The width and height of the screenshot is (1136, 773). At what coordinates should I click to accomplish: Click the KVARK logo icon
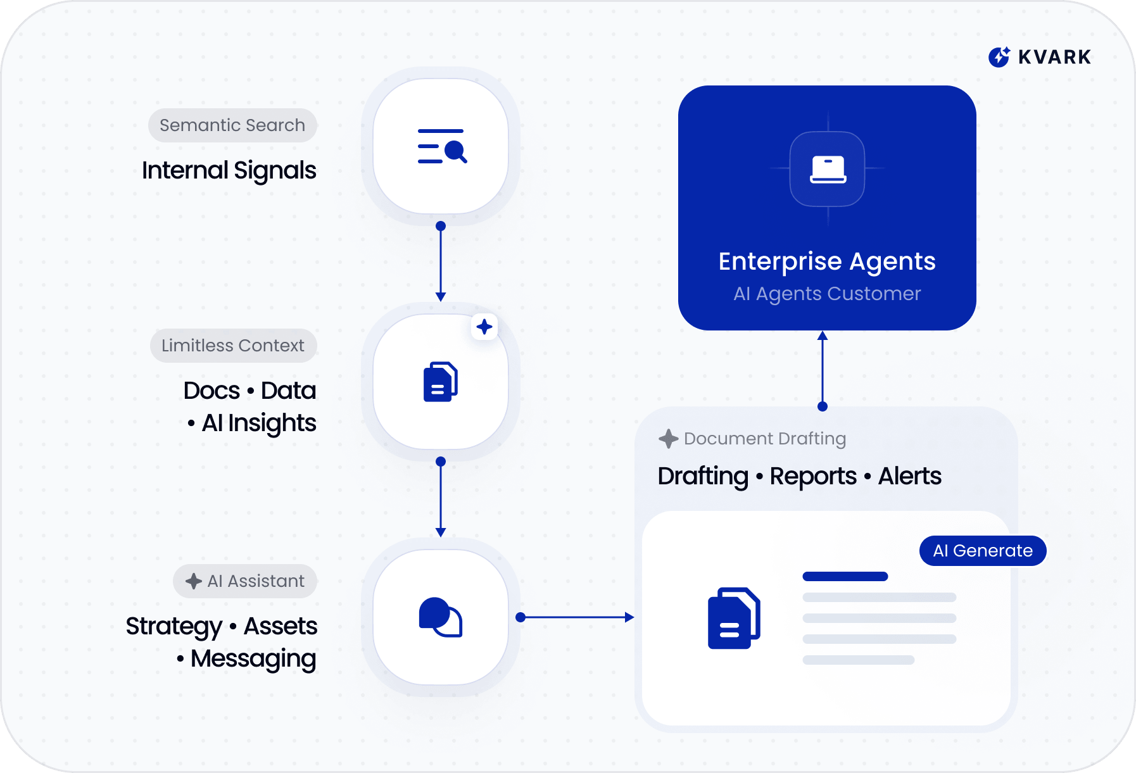point(999,57)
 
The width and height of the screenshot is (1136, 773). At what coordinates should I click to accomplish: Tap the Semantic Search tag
point(232,125)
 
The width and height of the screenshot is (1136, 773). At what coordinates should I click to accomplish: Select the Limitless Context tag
point(233,346)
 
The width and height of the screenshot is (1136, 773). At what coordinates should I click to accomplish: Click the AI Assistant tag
point(245,581)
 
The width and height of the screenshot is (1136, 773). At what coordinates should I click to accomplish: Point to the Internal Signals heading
point(229,170)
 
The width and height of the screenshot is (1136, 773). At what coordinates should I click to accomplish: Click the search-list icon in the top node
point(441,146)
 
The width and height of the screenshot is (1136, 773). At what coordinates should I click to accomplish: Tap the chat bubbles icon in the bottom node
point(441,617)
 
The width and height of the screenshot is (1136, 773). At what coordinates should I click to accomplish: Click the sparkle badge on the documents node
point(484,327)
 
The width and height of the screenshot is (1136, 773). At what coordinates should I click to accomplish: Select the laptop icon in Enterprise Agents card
point(828,169)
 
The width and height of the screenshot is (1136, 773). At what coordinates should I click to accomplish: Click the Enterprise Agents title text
point(827,261)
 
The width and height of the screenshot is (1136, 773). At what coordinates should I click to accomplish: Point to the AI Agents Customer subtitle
point(827,294)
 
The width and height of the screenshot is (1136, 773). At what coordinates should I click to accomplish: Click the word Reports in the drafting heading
point(813,476)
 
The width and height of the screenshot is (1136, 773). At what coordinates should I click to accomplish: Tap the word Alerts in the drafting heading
point(909,476)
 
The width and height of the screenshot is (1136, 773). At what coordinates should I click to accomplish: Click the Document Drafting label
point(764,439)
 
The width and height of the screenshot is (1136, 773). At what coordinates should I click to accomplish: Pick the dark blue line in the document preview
point(845,577)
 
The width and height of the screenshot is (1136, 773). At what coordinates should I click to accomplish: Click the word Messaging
point(253,658)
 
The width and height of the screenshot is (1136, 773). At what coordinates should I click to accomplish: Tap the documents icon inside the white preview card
point(733,619)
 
